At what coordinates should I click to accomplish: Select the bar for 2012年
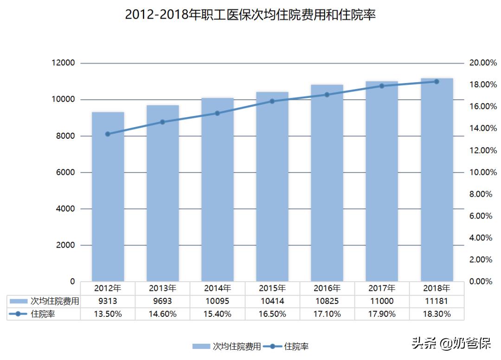108,197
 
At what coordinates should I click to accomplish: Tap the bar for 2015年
272,186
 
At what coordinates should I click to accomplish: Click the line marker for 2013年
162,122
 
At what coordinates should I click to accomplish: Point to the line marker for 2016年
327,95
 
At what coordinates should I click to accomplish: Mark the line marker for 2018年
437,82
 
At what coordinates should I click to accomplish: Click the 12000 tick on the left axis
63,63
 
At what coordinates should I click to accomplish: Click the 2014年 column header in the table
217,288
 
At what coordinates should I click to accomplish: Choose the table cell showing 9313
108,301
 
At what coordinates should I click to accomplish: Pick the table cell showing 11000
382,301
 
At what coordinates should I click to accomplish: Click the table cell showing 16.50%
272,314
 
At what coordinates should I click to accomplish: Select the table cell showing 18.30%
437,314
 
